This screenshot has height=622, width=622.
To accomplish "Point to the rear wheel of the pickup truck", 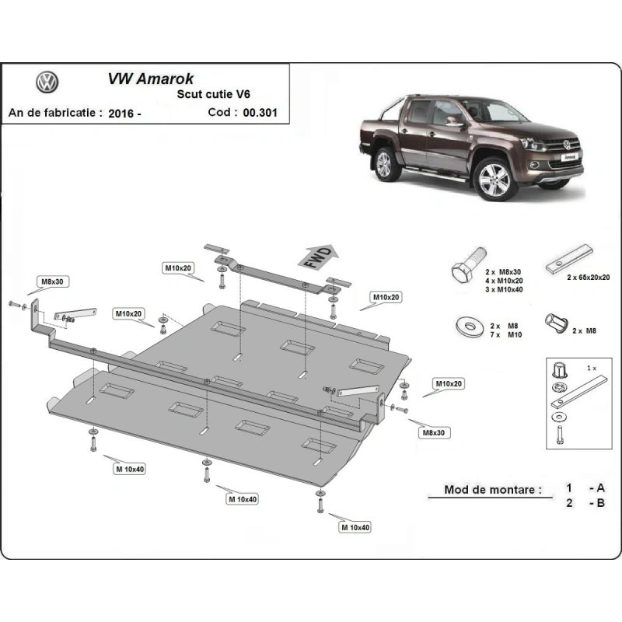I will pos(384,164).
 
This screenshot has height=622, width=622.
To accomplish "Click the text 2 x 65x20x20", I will pos(588,278).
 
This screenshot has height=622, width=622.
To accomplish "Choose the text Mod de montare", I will pos(493,490).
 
